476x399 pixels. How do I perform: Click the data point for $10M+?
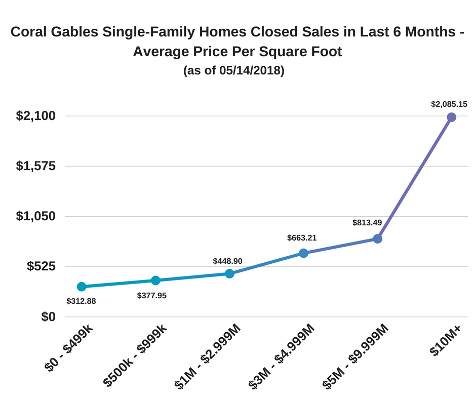[x=451, y=117]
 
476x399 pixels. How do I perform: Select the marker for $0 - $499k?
[x=81, y=287]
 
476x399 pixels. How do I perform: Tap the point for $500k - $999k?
[x=155, y=281]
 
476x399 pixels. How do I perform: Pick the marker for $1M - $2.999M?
[x=229, y=274]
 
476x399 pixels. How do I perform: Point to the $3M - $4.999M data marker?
[x=303, y=253]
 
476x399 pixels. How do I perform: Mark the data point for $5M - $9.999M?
[x=377, y=238]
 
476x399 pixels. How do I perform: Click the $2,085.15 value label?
[x=449, y=104]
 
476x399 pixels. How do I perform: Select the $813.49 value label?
[x=367, y=222]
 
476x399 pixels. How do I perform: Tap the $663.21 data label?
[x=302, y=237]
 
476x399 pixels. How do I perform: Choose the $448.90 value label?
[x=227, y=261]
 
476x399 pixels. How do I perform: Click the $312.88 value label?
[x=81, y=301]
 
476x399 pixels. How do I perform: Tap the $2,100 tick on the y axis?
[x=35, y=116]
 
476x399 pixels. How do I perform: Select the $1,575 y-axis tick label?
[x=35, y=166]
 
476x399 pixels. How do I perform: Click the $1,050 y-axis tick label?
[x=35, y=216]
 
